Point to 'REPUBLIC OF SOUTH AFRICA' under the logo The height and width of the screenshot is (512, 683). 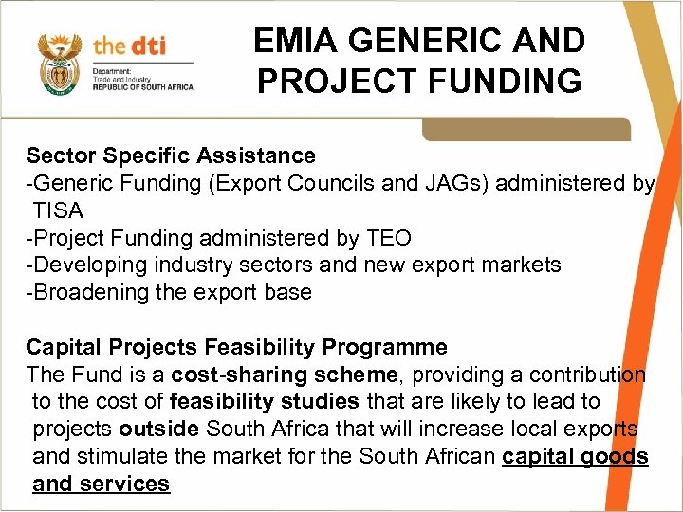pyautogui.click(x=142, y=87)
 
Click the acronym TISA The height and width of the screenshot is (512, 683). pyautogui.click(x=58, y=210)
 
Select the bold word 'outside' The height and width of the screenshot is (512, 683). pyautogui.click(x=165, y=430)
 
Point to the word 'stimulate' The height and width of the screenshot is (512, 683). pyautogui.click(x=122, y=457)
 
